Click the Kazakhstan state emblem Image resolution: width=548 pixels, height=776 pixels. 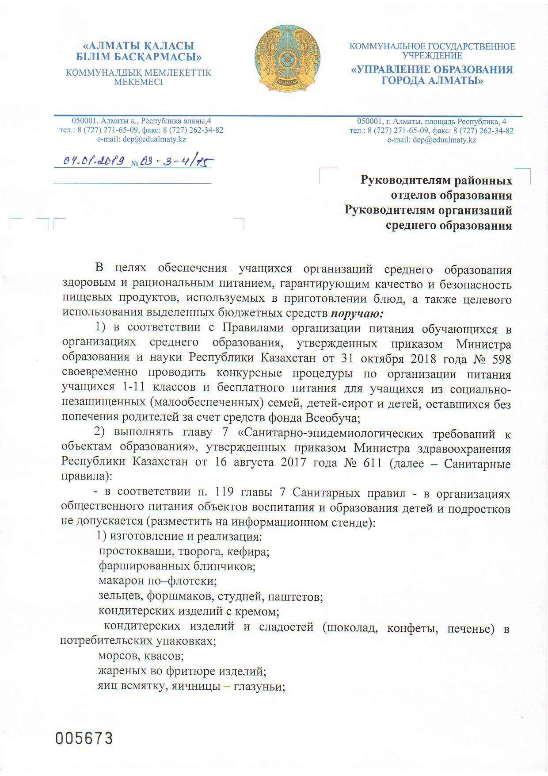[287, 59]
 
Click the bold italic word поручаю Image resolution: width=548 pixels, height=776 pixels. [358, 314]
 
